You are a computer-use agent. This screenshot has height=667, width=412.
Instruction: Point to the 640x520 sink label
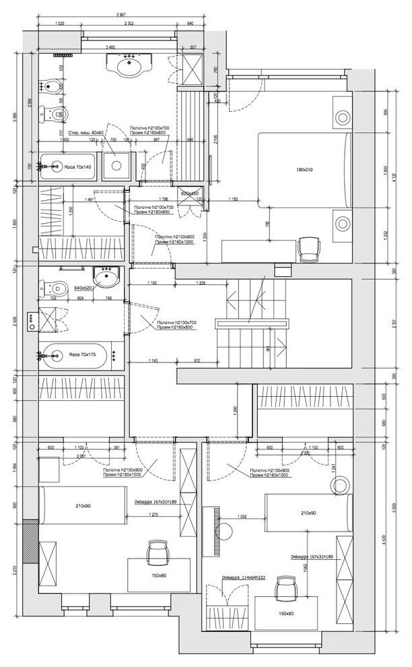coord(83,288)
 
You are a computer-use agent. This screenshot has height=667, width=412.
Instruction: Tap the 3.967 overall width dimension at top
coord(121,14)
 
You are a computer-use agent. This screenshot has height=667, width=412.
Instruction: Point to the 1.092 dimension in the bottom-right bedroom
coord(244,517)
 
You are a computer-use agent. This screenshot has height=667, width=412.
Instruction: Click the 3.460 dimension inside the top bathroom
coord(111,47)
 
